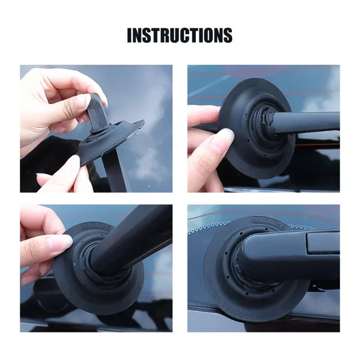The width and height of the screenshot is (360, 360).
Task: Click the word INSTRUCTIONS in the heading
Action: click(180, 35)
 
